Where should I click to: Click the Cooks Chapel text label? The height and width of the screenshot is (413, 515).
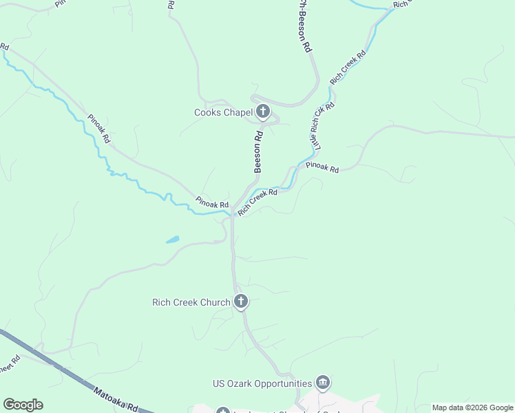(222, 112)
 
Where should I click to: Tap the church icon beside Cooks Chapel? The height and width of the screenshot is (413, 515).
(262, 112)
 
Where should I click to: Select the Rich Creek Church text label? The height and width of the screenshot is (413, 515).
(191, 302)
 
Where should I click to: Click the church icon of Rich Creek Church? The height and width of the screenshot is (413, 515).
(241, 301)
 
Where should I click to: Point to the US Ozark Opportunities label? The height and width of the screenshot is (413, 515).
(262, 383)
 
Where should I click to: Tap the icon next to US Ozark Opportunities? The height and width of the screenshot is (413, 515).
(323, 383)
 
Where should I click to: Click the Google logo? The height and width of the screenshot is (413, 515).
(23, 405)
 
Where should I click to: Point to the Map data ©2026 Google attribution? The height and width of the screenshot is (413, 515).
(472, 407)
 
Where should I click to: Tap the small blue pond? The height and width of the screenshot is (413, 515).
(172, 240)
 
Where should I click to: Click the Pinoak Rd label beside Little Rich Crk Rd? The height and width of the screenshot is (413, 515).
(322, 167)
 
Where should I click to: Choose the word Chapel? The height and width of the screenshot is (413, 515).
(238, 112)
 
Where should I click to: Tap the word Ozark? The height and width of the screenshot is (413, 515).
(238, 383)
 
